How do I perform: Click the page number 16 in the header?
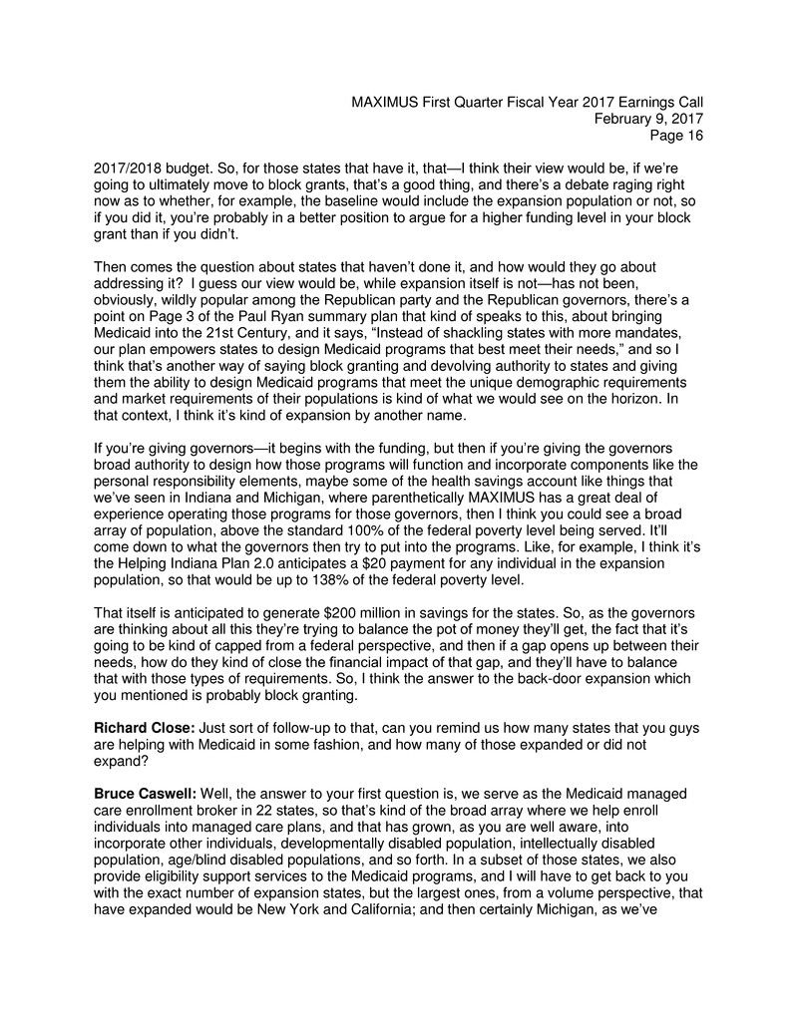pyautogui.click(x=692, y=137)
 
